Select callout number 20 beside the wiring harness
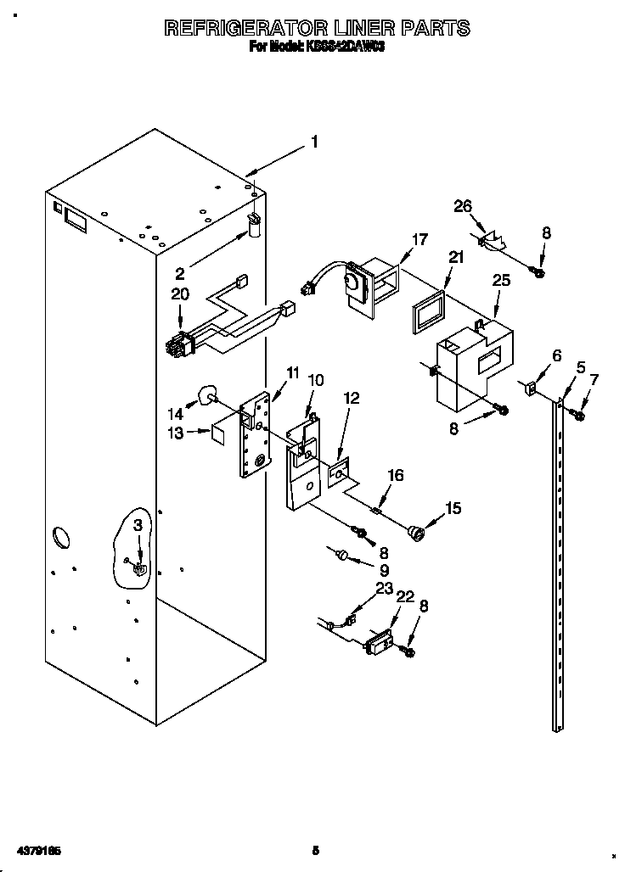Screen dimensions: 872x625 [179, 294]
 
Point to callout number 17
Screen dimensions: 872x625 [419, 240]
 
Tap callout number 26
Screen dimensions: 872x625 [462, 206]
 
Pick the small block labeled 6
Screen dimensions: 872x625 [527, 388]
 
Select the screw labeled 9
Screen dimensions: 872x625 [341, 556]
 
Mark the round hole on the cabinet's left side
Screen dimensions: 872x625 [62, 537]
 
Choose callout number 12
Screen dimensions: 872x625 [351, 397]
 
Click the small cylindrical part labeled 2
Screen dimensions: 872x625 [253, 224]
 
